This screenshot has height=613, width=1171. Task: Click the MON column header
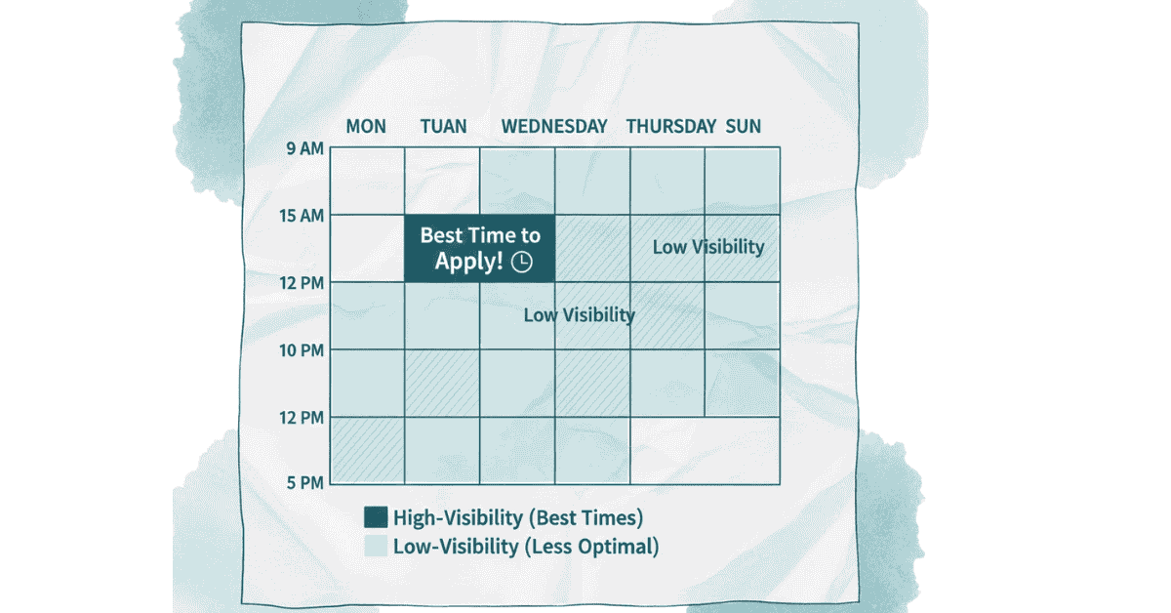[366, 127]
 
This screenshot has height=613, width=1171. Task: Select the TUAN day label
[443, 127]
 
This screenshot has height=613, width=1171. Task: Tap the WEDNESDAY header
[554, 127]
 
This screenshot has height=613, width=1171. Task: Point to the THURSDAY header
[671, 127]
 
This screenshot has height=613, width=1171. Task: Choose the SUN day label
[743, 127]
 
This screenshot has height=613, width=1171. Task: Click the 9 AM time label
[304, 148]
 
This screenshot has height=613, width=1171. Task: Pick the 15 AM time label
[302, 216]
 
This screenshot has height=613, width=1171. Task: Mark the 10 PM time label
[302, 350]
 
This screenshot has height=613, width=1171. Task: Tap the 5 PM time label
[305, 483]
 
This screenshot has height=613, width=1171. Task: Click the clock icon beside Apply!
[522, 262]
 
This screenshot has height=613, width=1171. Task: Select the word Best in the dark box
[441, 235]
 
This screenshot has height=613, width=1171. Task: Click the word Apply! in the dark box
[469, 261]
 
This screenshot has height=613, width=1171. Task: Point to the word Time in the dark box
[490, 235]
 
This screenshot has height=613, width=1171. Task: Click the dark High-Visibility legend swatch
[376, 516]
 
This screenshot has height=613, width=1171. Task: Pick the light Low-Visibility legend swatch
[376, 546]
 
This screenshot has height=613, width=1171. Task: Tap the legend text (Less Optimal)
[591, 547]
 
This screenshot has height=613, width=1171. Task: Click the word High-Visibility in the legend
[458, 517]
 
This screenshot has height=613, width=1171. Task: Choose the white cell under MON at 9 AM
[367, 181]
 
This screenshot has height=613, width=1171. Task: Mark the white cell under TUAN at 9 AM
[442, 181]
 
